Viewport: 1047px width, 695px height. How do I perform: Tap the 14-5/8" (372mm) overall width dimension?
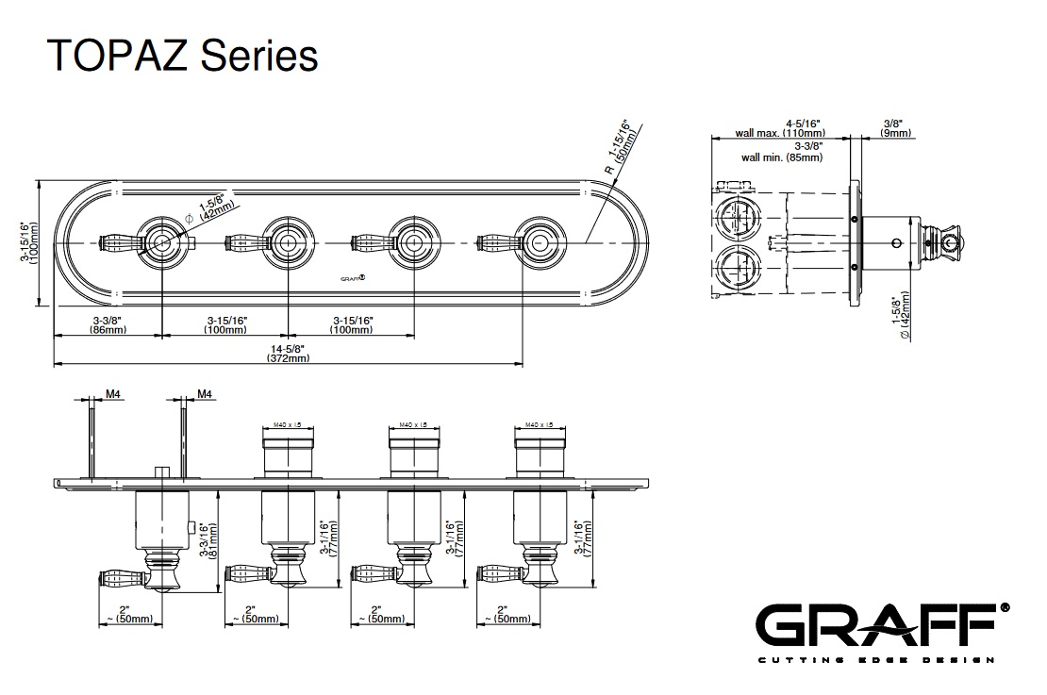pyautogui.click(x=288, y=353)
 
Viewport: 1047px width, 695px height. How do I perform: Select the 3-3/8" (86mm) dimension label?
pyautogui.click(x=108, y=325)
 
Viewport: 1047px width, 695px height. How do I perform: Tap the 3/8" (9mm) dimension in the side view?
pyautogui.click(x=895, y=128)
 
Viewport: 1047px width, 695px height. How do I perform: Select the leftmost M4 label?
pyautogui.click(x=112, y=394)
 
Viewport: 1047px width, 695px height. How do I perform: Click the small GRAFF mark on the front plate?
pyautogui.click(x=352, y=278)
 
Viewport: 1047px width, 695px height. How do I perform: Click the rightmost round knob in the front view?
pyautogui.click(x=537, y=242)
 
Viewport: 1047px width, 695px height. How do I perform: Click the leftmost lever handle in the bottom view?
pyautogui.click(x=120, y=575)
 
